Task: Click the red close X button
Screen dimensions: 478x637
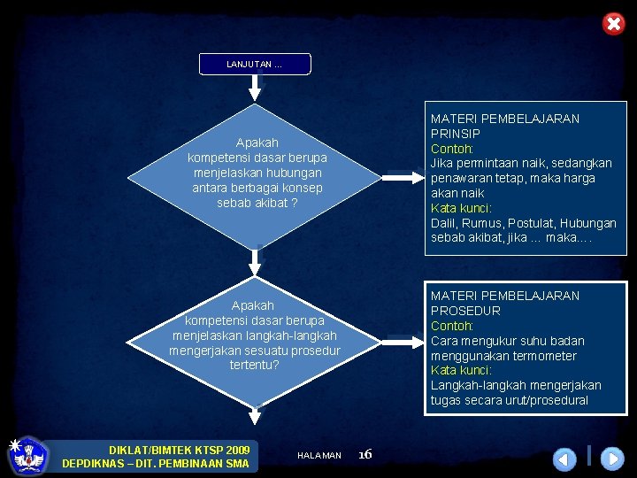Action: pos(613,24)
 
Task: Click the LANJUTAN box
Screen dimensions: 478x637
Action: pos(255,64)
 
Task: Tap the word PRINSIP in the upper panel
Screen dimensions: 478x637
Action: pos(456,134)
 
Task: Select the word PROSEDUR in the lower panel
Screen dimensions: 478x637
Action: pos(465,311)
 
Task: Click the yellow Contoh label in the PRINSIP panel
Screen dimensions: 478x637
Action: pos(452,149)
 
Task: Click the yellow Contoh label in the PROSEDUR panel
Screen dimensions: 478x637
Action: pos(452,326)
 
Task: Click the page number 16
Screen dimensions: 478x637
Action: pos(365,454)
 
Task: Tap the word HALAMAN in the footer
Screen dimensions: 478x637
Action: pos(319,455)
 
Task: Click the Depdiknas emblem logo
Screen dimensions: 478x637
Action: pos(28,455)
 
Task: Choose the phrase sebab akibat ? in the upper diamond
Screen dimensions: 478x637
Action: pos(257,203)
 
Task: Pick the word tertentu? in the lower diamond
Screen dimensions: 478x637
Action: pos(255,365)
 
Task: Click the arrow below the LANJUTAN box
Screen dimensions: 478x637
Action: pos(256,86)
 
